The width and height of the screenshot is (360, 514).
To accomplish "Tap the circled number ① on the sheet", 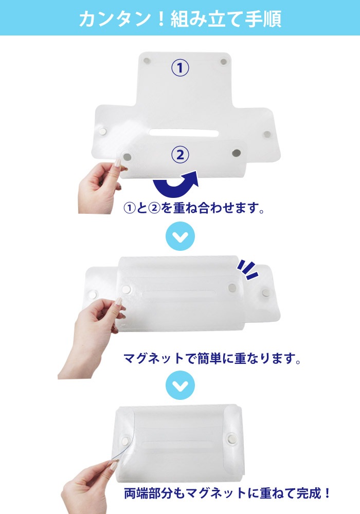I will tap(180, 68).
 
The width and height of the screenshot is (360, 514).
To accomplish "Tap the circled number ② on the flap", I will tap(180, 154).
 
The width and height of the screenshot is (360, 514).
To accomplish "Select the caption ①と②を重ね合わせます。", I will tap(194, 209).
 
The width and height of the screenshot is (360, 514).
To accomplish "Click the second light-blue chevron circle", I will tap(181, 385).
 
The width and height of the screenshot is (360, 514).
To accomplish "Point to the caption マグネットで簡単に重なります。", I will tap(212, 358).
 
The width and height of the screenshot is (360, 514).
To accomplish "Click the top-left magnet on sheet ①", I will tap(147, 61).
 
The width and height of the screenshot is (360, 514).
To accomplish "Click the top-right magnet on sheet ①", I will tap(224, 62).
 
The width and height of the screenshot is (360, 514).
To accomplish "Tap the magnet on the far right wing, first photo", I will tap(267, 134).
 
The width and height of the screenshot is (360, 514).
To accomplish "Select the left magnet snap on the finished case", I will tap(125, 439).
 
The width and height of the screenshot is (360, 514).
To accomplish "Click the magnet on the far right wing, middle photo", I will tap(265, 292).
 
